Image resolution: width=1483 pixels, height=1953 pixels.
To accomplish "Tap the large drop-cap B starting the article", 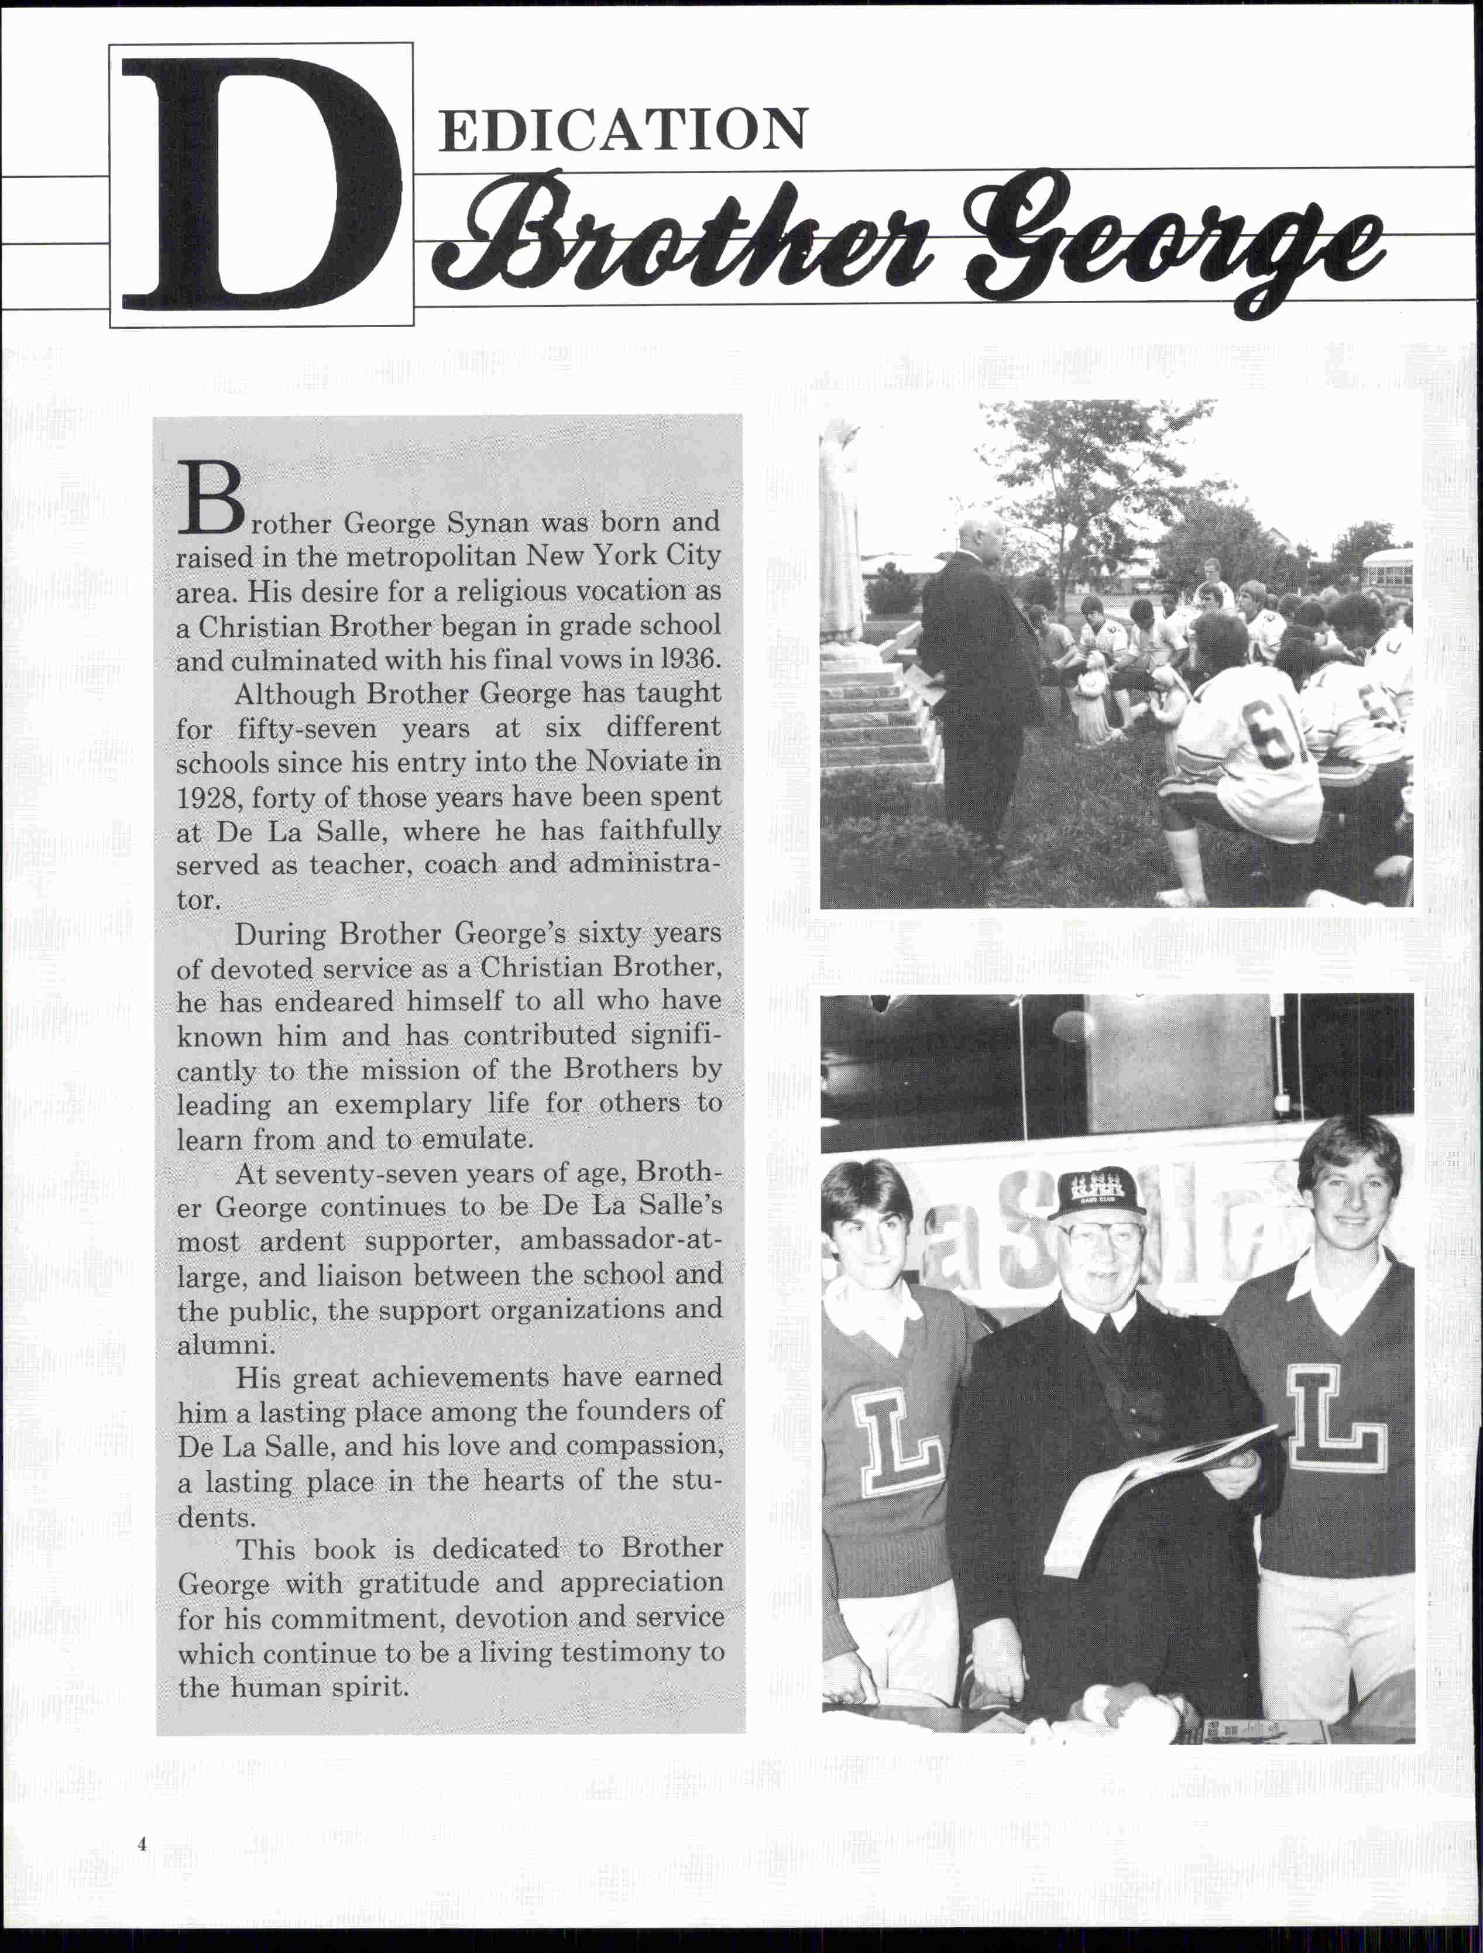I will (x=209, y=500).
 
